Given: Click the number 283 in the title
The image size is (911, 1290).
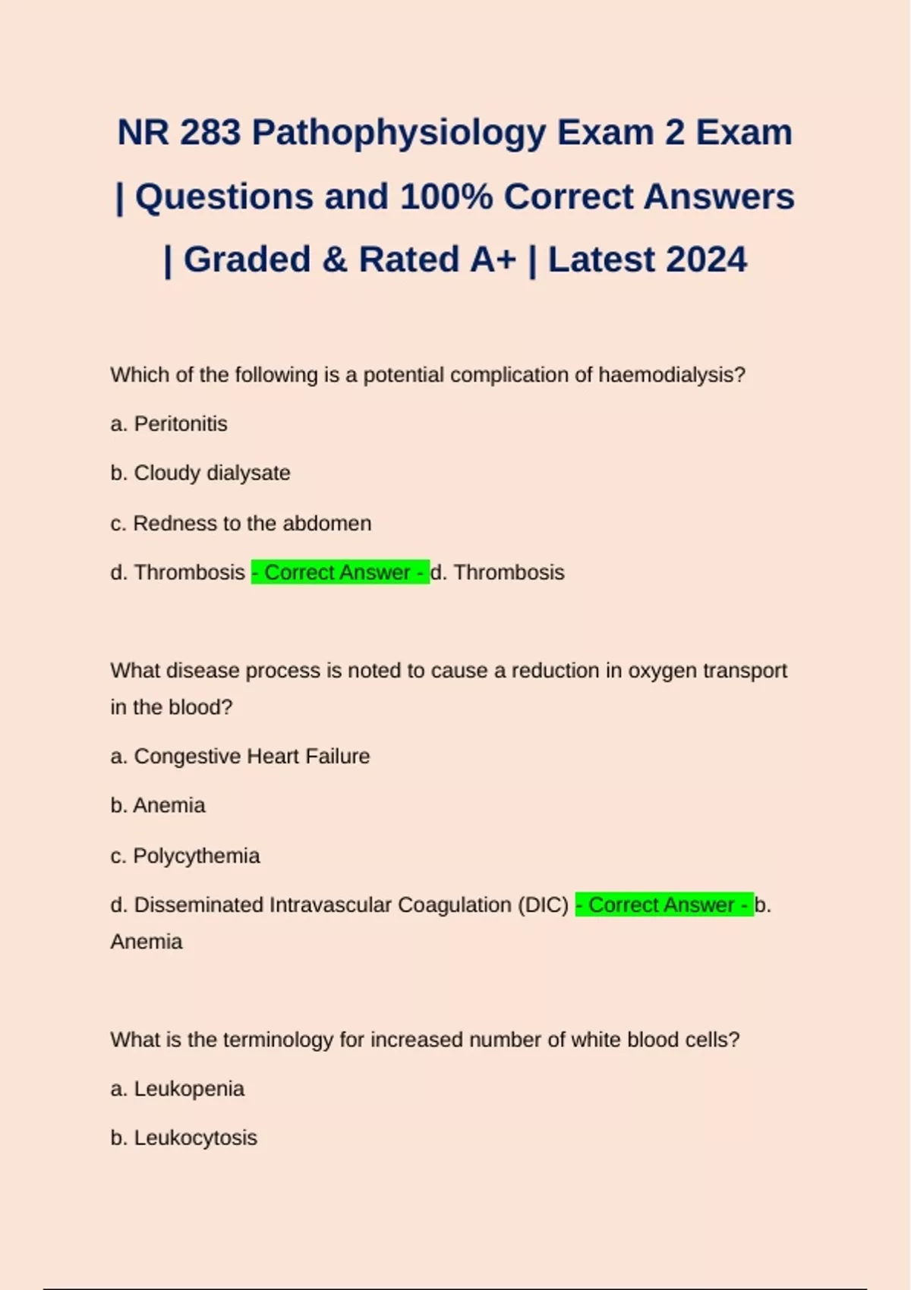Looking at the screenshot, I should click(x=210, y=133).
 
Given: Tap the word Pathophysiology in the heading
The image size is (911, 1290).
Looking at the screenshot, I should click(x=399, y=133).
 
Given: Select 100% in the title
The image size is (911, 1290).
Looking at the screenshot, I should click(x=446, y=197).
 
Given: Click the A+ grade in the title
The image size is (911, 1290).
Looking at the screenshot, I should click(x=493, y=260).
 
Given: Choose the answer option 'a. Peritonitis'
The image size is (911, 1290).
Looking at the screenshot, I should click(x=169, y=423).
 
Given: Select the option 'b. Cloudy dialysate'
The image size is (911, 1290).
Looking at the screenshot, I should click(x=200, y=473).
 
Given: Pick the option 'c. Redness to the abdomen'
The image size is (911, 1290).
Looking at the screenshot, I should click(x=241, y=523).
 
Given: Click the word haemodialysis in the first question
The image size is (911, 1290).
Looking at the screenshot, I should click(x=671, y=375).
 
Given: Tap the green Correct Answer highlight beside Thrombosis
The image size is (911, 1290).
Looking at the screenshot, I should click(x=340, y=572).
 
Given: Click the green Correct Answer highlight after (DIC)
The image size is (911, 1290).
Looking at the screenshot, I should click(x=664, y=905).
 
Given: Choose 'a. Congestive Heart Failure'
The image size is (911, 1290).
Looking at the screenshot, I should click(x=240, y=756).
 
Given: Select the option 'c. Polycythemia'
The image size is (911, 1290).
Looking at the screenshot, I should click(x=185, y=855).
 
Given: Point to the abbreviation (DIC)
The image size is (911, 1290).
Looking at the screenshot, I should click(x=543, y=905).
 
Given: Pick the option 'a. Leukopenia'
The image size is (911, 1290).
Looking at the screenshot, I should click(x=177, y=1088).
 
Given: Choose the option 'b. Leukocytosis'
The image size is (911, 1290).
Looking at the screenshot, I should click(x=184, y=1137).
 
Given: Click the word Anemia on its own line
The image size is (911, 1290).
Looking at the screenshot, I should click(x=147, y=942).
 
